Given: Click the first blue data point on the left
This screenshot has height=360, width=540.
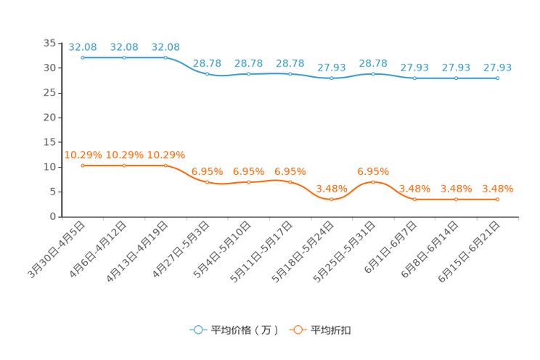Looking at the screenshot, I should click(83, 57).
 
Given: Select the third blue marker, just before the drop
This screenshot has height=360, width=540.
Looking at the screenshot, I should click(165, 57).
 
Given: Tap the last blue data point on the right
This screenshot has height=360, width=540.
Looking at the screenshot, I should click(497, 77).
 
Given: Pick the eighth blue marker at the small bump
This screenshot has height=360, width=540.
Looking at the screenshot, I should click(373, 73).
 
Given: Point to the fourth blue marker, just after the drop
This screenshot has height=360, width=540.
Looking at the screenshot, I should click(208, 73).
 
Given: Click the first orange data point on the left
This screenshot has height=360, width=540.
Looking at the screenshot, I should click(83, 165).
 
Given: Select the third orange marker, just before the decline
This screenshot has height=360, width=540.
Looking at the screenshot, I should click(165, 165).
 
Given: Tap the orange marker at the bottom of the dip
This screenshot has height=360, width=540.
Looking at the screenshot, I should click(332, 199).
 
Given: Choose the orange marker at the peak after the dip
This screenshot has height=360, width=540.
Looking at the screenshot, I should click(373, 182).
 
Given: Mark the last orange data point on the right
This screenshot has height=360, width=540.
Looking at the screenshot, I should click(497, 199).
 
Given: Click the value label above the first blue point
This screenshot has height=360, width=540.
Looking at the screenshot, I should click(83, 47).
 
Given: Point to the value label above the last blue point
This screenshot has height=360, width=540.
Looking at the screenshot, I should click(497, 67).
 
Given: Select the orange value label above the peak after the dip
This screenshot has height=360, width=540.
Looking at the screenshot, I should click(373, 171).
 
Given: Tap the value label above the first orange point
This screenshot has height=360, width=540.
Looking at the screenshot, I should click(83, 155).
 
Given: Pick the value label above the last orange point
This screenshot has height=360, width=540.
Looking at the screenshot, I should click(497, 189).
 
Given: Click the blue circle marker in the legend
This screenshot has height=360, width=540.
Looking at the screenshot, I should click(198, 330).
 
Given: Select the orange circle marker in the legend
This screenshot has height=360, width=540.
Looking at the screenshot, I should click(298, 330).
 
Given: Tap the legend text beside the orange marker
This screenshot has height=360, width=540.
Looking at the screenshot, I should click(332, 330).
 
